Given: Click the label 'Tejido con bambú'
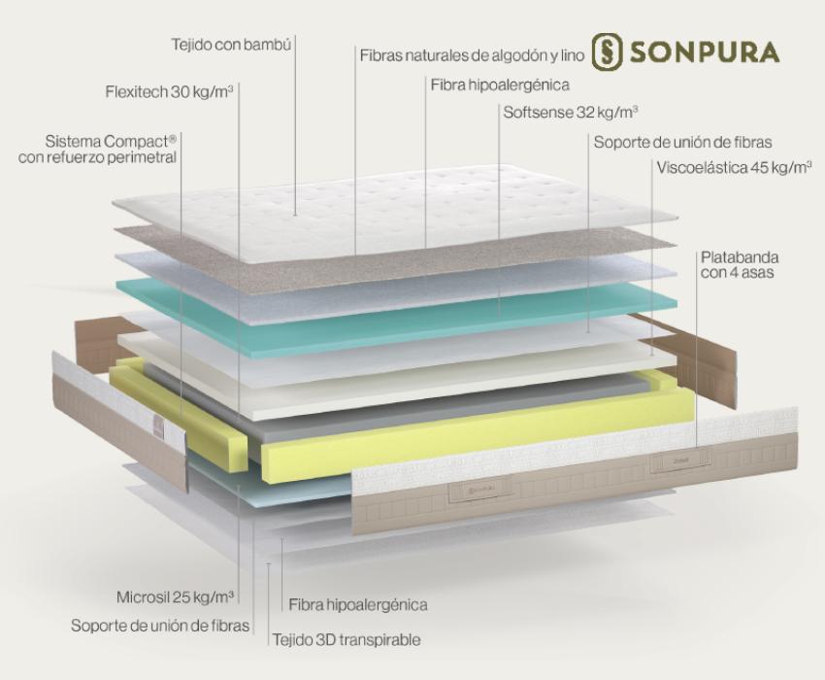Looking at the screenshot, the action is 231,45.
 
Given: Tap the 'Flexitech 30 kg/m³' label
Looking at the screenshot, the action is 170,91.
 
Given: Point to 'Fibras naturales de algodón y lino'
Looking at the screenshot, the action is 472,55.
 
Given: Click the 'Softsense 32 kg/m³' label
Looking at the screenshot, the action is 571,112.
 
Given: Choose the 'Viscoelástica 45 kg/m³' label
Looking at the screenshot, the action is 734,167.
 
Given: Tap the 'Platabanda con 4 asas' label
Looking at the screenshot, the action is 740,265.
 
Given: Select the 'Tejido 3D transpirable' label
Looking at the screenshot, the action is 346,639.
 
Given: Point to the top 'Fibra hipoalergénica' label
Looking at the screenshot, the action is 500,85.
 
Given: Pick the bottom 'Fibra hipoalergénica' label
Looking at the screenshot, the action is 358,604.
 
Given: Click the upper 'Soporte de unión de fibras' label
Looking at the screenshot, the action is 683,142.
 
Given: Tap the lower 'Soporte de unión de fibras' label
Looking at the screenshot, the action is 160,626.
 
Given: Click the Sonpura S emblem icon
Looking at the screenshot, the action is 608,51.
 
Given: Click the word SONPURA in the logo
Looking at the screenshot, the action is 705,52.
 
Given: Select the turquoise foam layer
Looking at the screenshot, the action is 396,316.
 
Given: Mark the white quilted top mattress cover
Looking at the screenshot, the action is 395,211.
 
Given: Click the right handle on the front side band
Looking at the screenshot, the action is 680,460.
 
